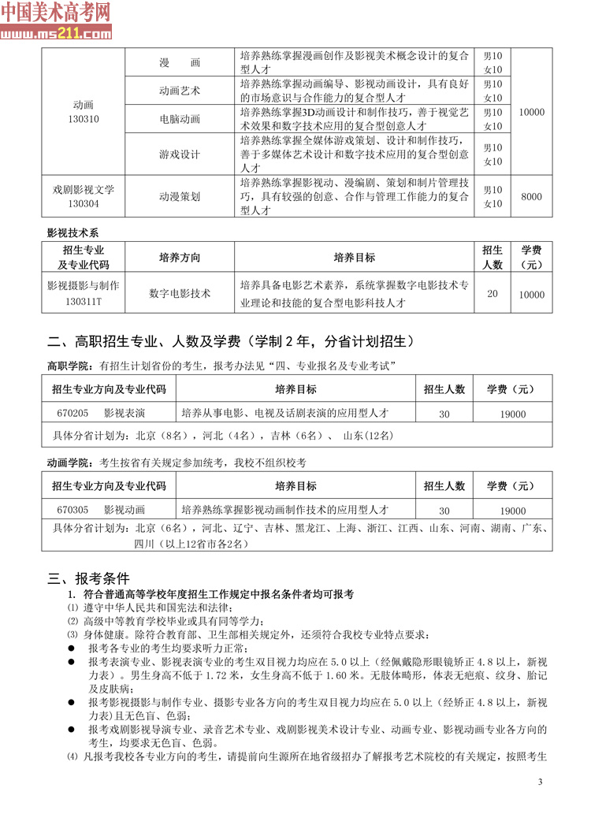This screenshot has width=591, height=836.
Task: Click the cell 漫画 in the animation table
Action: [180, 62]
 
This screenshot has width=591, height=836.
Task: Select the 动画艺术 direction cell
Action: [180, 90]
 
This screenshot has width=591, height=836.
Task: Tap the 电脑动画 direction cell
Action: [180, 118]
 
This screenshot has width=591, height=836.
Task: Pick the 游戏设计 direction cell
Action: [180, 154]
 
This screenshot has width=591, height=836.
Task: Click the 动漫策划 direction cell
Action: [180, 196]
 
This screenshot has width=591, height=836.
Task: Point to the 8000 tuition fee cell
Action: [532, 196]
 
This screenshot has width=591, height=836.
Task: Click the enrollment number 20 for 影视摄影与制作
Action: [492, 294]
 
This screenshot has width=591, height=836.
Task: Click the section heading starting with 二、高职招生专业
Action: [229, 342]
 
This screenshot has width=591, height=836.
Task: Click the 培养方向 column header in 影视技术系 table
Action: [180, 258]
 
